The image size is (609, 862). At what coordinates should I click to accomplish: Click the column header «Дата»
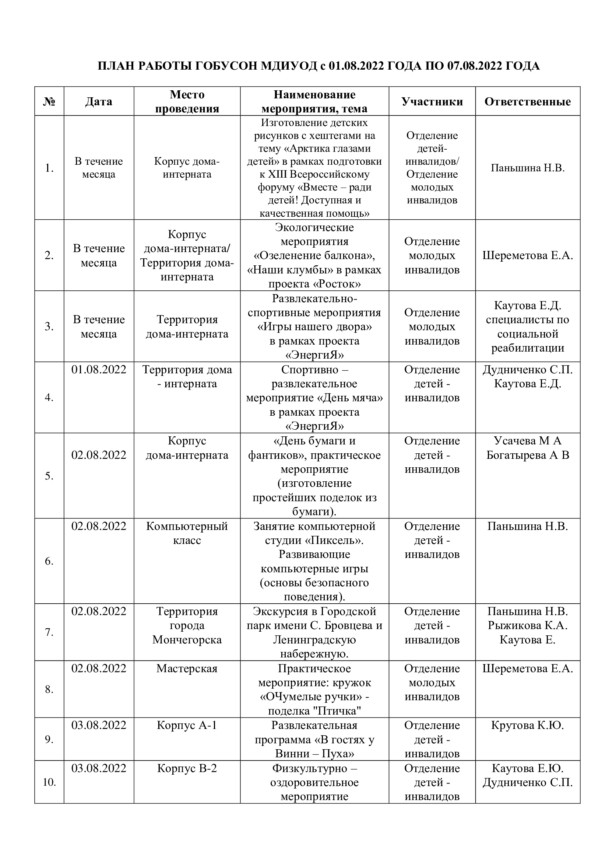tap(99, 101)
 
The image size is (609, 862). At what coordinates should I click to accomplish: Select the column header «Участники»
tap(432, 101)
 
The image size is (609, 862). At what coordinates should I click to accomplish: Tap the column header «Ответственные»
tap(528, 101)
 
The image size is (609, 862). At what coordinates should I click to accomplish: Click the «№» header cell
tap(49, 101)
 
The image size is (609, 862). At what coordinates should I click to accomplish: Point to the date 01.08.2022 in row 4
tap(99, 369)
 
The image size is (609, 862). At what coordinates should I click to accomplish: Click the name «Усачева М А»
tap(528, 440)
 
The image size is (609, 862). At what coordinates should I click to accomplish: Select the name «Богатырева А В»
tap(528, 455)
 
